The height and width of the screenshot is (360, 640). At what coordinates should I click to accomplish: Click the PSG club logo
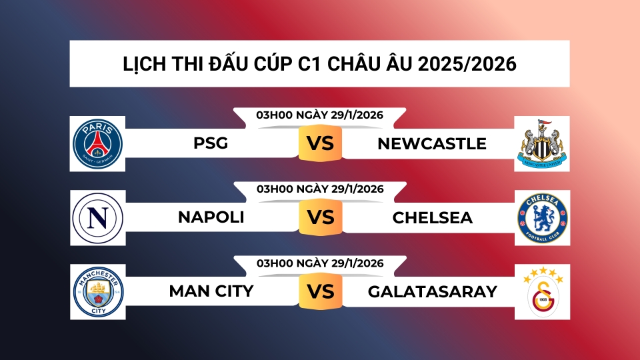pyautogui.click(x=98, y=143)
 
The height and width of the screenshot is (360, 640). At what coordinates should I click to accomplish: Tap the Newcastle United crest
pyautogui.click(x=542, y=143)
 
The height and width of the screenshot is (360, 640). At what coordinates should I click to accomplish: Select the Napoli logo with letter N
pyautogui.click(x=98, y=218)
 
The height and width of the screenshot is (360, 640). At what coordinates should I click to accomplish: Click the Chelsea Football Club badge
pyautogui.click(x=542, y=218)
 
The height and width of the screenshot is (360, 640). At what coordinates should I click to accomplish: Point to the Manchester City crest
pyautogui.click(x=98, y=292)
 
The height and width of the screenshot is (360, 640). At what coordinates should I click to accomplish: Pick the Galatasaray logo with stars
pyautogui.click(x=542, y=292)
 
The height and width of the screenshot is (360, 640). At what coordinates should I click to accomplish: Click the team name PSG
pyautogui.click(x=211, y=143)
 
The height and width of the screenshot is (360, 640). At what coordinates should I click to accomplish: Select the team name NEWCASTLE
pyautogui.click(x=432, y=143)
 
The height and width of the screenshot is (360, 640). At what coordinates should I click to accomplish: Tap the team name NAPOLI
pyautogui.click(x=211, y=218)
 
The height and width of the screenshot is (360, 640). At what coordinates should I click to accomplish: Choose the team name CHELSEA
pyautogui.click(x=433, y=218)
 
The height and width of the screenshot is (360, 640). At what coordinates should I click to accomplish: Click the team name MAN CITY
pyautogui.click(x=211, y=292)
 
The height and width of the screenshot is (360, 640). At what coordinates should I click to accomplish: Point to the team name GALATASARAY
pyautogui.click(x=432, y=292)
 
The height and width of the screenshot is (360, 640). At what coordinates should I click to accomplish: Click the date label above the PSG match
pyautogui.click(x=320, y=115)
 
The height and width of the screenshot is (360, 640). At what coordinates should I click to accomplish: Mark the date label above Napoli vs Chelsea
pyautogui.click(x=320, y=189)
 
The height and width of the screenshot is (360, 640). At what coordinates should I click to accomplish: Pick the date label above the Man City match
pyautogui.click(x=320, y=263)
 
